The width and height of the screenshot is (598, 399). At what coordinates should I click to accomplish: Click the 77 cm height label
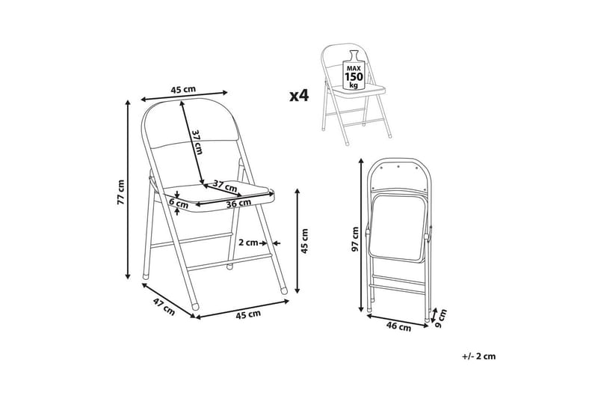click(120, 192)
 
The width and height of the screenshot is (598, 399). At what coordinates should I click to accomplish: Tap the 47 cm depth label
click(164, 307)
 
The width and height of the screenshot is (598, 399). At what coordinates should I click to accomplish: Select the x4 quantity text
click(299, 96)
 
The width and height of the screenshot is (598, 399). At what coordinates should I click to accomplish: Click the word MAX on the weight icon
click(354, 68)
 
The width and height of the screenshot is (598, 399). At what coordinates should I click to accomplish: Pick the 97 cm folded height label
click(355, 240)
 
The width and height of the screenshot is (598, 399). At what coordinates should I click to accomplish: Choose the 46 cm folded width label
click(399, 326)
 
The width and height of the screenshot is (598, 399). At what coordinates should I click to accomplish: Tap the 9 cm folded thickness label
click(441, 317)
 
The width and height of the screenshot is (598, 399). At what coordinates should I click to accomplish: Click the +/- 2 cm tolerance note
click(478, 356)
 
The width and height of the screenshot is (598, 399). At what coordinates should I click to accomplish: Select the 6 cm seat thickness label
click(179, 204)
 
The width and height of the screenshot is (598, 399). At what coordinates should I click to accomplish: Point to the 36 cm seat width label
click(238, 204)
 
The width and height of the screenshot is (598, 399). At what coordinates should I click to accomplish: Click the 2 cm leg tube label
click(248, 243)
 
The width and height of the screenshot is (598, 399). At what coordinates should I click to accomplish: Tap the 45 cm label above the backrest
click(183, 90)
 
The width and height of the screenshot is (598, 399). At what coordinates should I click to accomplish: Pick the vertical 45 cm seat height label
click(304, 241)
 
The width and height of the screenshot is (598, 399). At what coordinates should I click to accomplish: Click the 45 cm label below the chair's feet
click(248, 314)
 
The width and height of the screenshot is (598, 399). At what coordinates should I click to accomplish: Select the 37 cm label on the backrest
click(197, 142)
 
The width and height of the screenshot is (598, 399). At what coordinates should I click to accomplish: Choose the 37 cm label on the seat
click(225, 186)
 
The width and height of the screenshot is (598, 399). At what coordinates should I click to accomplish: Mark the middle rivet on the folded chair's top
click(398, 166)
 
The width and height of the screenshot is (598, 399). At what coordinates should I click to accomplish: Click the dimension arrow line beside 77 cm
click(128, 189)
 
